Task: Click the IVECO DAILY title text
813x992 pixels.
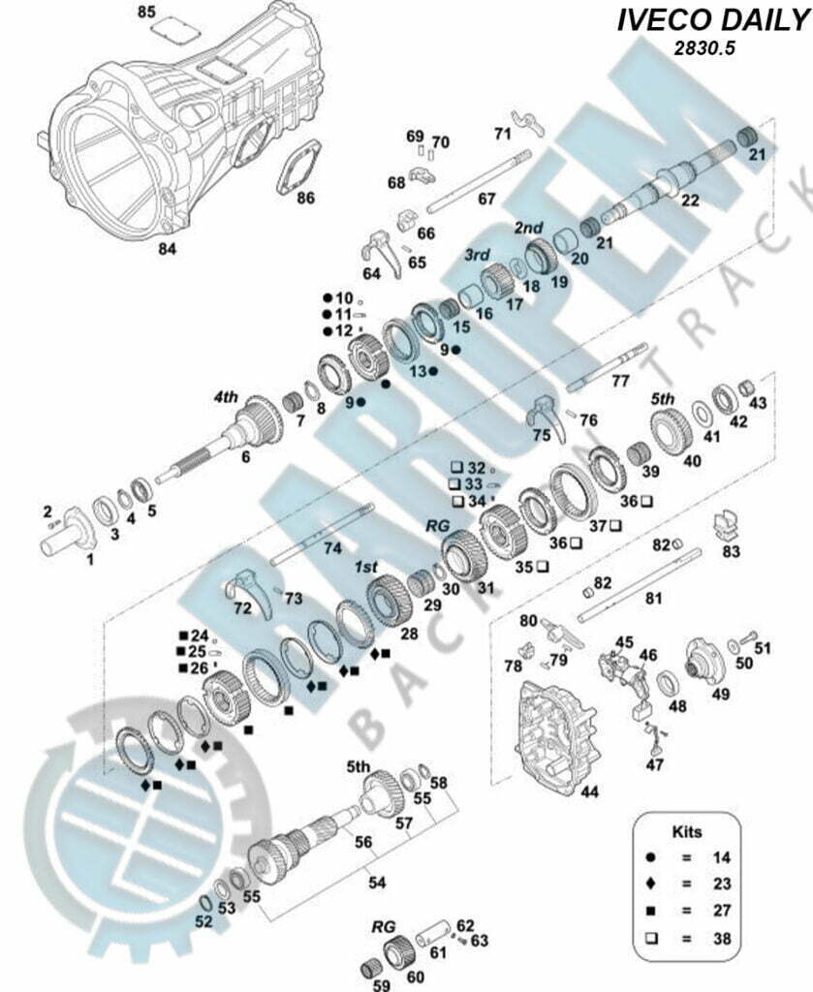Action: pos(713,20)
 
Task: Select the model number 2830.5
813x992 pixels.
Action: pos(704,48)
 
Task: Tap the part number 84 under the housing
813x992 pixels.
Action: pos(167,249)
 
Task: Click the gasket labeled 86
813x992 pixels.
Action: pos(297,166)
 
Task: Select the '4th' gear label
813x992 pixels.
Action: pos(226,397)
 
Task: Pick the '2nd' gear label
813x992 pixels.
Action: pos(528,228)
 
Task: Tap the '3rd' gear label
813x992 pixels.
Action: pos(477,255)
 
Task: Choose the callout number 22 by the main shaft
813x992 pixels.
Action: pos(690,200)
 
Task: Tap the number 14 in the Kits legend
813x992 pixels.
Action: pos(722,858)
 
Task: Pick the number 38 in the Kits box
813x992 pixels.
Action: pos(722,938)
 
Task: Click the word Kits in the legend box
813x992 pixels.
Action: pos(686,831)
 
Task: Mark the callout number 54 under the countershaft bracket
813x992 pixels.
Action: pos(376,882)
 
